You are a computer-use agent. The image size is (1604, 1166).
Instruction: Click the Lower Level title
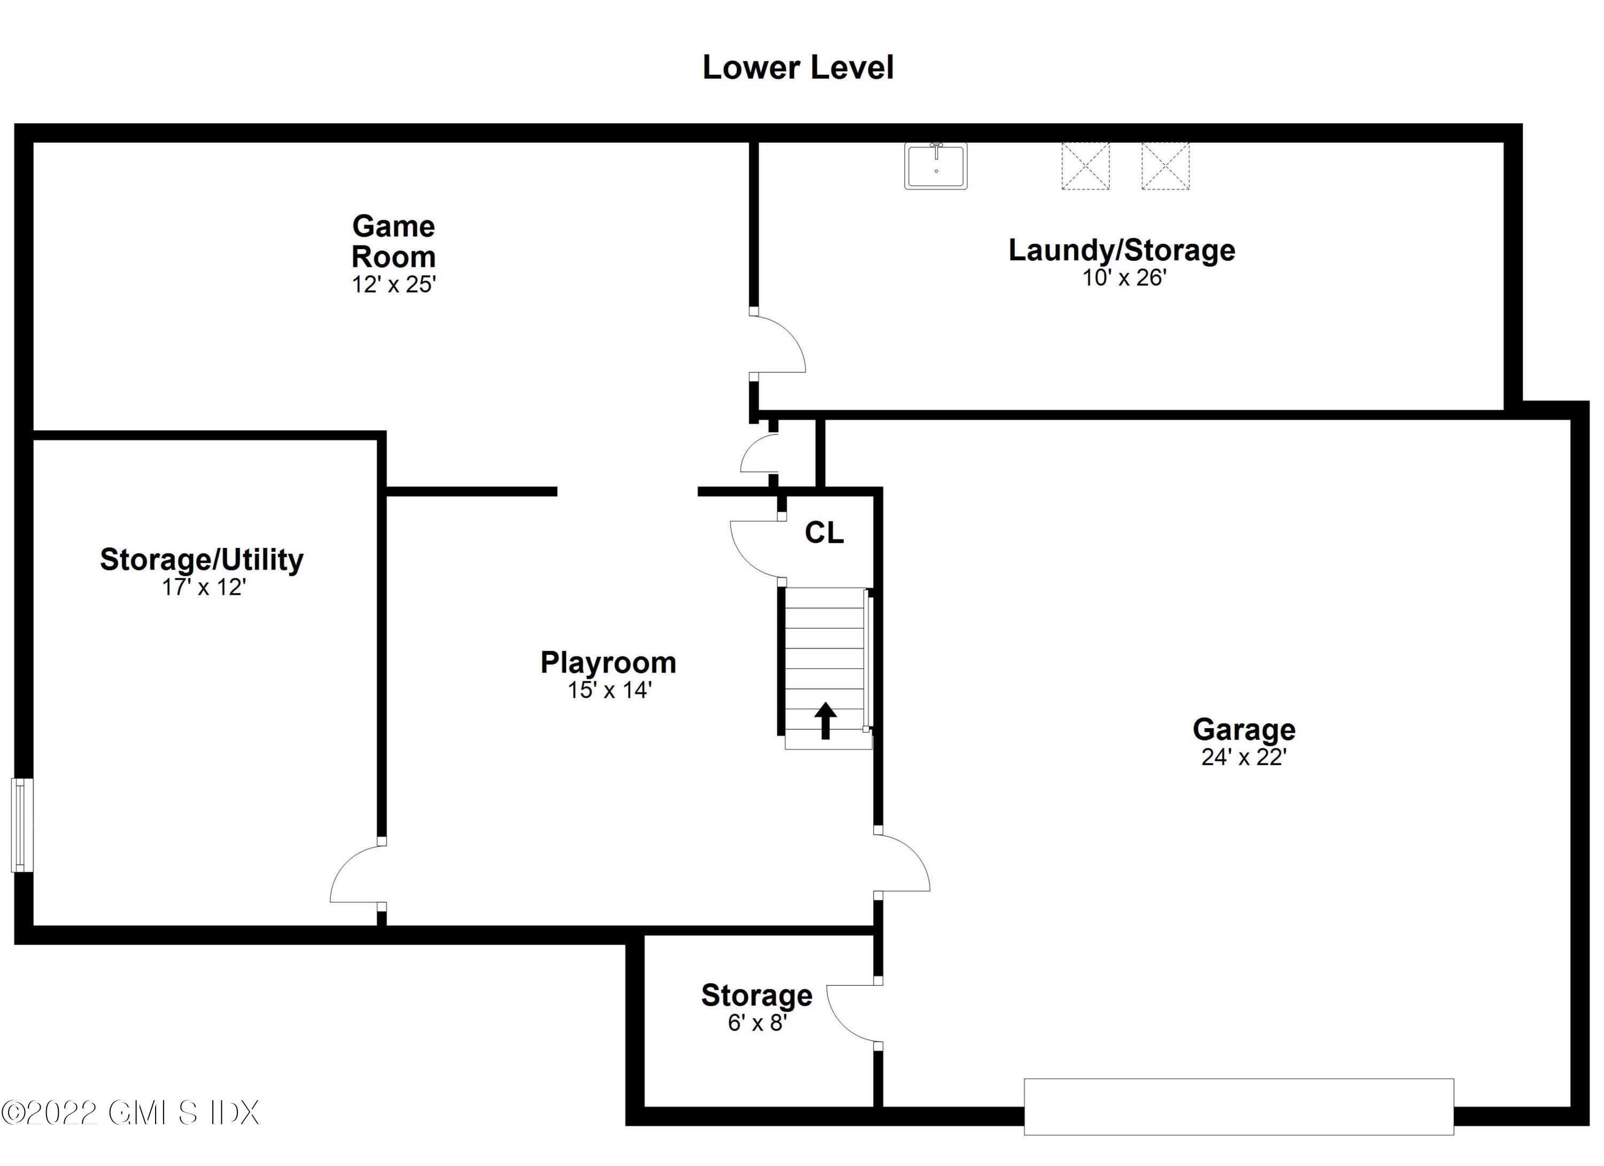click(798, 68)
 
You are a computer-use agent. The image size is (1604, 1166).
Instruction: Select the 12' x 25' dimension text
click(394, 284)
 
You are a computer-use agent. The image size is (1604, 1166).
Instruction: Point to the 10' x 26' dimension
click(1124, 278)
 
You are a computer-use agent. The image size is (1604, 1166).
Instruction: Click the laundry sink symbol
click(936, 166)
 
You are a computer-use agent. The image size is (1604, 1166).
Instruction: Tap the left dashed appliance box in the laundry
click(1085, 166)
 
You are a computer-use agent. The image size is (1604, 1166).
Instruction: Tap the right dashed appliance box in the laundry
click(1165, 166)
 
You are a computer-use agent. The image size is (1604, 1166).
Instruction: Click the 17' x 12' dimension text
click(204, 588)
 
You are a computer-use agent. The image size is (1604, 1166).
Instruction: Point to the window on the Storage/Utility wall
click(21, 824)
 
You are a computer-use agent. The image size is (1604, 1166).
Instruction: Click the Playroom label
click(608, 662)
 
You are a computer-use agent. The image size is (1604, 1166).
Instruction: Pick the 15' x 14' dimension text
click(609, 690)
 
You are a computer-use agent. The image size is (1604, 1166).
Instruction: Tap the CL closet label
click(824, 533)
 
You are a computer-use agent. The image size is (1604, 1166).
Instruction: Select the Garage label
click(1244, 729)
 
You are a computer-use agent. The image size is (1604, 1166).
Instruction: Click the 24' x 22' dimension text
click(1244, 758)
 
